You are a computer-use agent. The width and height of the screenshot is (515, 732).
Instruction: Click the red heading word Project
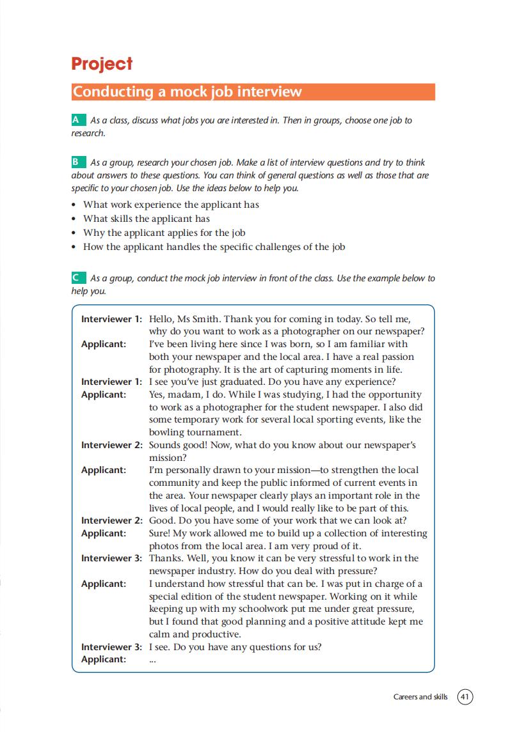point(102,64)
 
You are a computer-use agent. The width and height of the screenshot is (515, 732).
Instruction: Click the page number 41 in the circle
point(465,696)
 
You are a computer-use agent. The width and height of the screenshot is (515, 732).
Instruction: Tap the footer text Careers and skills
point(420,696)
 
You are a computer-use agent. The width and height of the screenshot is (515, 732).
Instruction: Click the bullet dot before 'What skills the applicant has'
point(75,219)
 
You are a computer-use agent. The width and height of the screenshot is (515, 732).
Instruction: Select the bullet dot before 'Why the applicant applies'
point(75,233)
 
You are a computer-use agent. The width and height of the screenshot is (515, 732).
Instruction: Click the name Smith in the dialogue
point(201,318)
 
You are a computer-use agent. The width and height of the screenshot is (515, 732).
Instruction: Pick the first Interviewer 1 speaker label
point(111,318)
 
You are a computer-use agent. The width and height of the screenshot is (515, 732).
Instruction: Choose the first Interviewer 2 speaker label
point(111,445)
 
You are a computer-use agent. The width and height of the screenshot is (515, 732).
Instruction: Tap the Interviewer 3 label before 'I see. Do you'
point(111,647)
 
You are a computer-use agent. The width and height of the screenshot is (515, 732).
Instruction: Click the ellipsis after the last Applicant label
point(152,660)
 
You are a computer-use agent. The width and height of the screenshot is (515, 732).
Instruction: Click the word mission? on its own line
point(167,458)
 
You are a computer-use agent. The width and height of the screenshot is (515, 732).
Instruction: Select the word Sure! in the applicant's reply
point(161,533)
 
